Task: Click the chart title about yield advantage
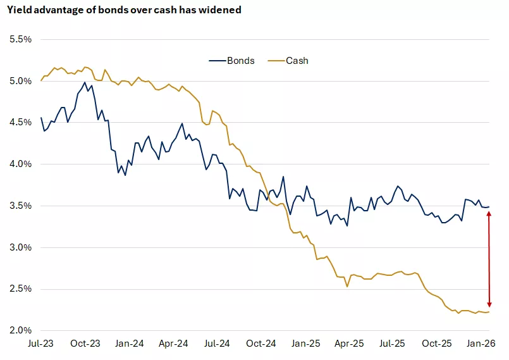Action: pyautogui.click(x=124, y=11)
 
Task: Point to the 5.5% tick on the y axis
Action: pyautogui.click(x=20, y=39)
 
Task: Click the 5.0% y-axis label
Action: pyautogui.click(x=20, y=81)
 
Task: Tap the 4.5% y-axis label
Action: pyautogui.click(x=20, y=123)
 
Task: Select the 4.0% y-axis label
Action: pyautogui.click(x=20, y=164)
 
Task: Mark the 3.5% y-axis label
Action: pyautogui.click(x=20, y=206)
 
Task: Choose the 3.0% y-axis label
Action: pyautogui.click(x=20, y=247)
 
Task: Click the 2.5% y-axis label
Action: pyautogui.click(x=20, y=289)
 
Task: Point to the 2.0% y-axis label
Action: pyautogui.click(x=20, y=331)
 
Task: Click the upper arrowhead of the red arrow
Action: pyautogui.click(x=488, y=214)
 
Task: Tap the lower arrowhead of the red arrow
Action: pyautogui.click(x=488, y=305)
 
